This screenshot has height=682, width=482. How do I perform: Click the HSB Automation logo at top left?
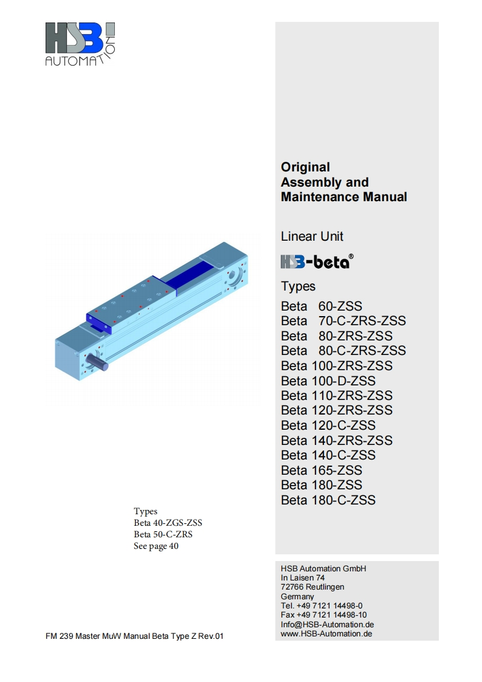pyautogui.click(x=80, y=44)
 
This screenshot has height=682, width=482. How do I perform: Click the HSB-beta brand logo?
pyautogui.click(x=317, y=261)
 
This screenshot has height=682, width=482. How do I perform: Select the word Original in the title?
pyautogui.click(x=305, y=167)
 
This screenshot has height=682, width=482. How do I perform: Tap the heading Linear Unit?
pyautogui.click(x=312, y=236)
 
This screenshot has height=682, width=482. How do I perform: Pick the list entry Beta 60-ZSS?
pyautogui.click(x=322, y=306)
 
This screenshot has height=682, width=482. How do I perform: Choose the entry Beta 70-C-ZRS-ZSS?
pyautogui.click(x=343, y=321)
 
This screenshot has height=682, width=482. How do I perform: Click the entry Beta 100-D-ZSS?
pyautogui.click(x=328, y=381)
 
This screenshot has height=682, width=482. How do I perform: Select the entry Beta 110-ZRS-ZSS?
pyautogui.click(x=337, y=396)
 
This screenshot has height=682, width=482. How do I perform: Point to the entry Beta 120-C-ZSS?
pyautogui.click(x=328, y=425)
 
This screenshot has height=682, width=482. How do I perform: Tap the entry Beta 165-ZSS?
pyautogui.click(x=322, y=470)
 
